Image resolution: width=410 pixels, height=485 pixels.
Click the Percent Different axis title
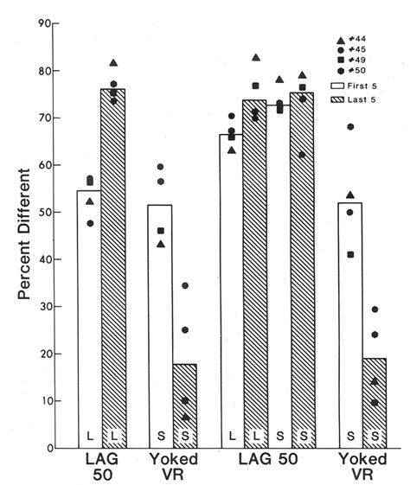(27, 235)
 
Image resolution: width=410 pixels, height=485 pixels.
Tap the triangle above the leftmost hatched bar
(114, 63)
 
